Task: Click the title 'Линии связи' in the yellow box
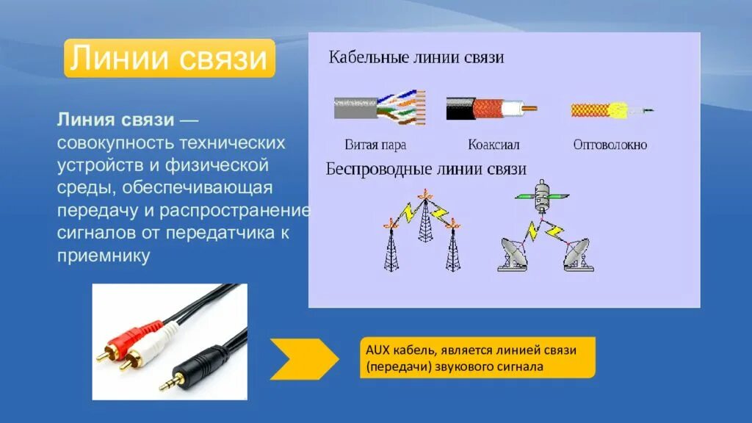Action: pyautogui.click(x=169, y=59)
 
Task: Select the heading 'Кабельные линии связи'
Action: pyautogui.click(x=416, y=57)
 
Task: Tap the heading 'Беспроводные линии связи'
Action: pyautogui.click(x=426, y=169)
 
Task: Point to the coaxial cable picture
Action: pyautogui.click(x=491, y=108)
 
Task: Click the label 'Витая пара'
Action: pyautogui.click(x=375, y=145)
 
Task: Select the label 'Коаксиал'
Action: pyautogui.click(x=493, y=145)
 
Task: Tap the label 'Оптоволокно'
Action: pyautogui.click(x=610, y=145)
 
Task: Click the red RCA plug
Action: pyautogui.click(x=125, y=338)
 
